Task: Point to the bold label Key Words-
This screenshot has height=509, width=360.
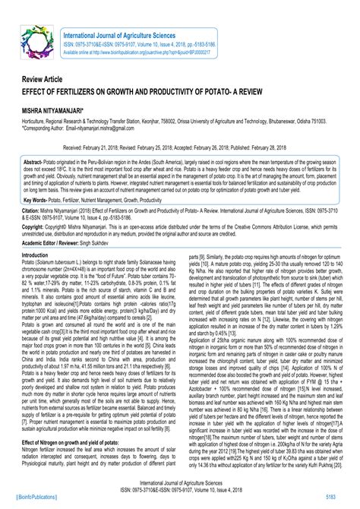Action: [x=39, y=199]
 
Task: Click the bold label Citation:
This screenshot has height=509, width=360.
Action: [x=32, y=209]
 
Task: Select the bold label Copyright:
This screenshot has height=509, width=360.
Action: [x=36, y=226]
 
